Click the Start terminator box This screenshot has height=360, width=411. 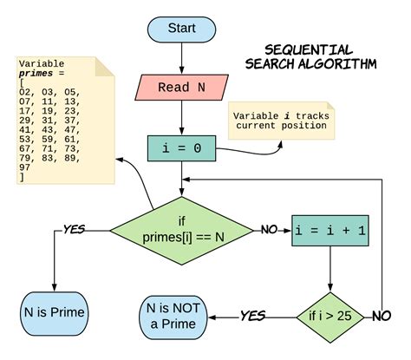181,28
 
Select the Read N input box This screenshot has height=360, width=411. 181,87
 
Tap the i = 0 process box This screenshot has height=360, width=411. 181,149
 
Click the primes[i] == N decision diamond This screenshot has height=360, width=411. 181,231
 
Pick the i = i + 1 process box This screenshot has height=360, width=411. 329,231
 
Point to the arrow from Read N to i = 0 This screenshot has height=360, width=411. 181,118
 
